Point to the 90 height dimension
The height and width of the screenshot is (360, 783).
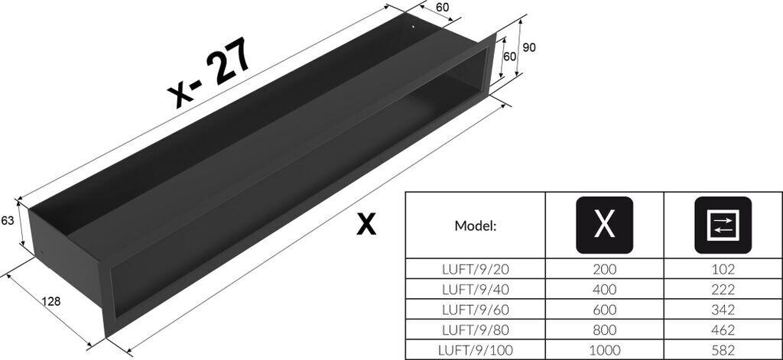coord(529,47)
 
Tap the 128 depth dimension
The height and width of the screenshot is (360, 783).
coord(51,301)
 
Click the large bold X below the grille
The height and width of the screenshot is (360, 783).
coord(367,224)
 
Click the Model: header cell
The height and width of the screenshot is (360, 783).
coord(476,226)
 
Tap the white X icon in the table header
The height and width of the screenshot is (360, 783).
coord(604,225)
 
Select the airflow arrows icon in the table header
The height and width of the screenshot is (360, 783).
coord(723,225)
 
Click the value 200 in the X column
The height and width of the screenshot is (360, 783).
coord(604,270)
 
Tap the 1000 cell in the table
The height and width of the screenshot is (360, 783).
coord(604,350)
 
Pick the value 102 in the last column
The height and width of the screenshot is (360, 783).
coord(723,270)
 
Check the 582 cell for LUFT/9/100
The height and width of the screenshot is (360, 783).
coord(723,350)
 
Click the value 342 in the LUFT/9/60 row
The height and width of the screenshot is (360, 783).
coord(723,310)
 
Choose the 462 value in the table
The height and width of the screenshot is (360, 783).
coord(723,330)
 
